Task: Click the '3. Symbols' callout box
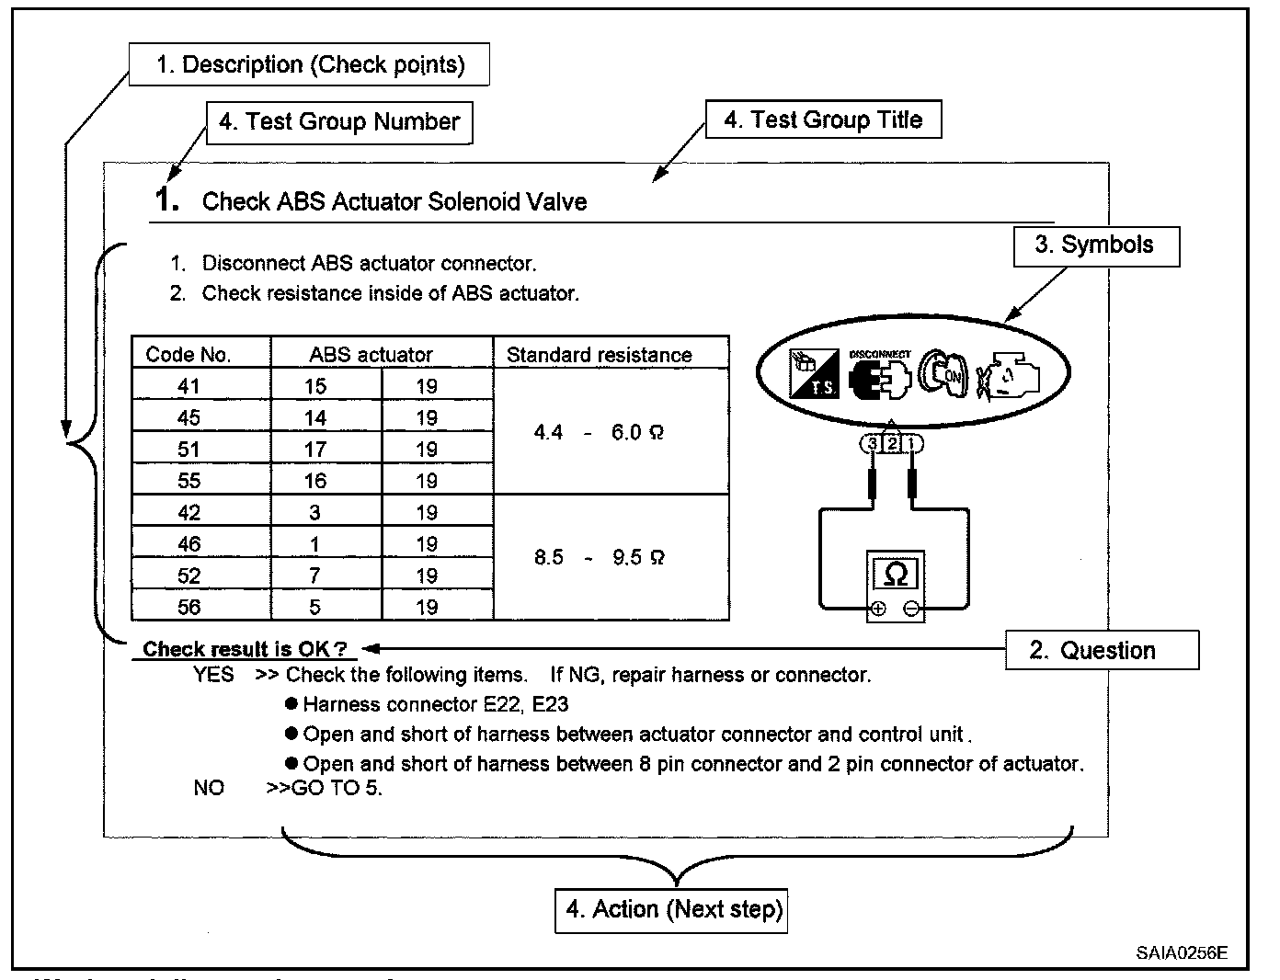[x=1096, y=245]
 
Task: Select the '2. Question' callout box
[x=1102, y=651]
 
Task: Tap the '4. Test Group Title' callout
[x=823, y=120]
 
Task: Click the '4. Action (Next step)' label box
[x=671, y=910]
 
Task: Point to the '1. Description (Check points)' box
[x=309, y=65]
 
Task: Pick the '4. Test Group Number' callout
[x=340, y=122]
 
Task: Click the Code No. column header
[x=189, y=355]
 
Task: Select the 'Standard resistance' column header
[x=600, y=355]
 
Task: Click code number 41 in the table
[x=189, y=387]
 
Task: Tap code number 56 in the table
[x=189, y=607]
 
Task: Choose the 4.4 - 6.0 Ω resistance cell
[x=600, y=432]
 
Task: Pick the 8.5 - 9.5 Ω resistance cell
[x=600, y=557]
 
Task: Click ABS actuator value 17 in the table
[x=315, y=450]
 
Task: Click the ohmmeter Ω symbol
[x=895, y=575]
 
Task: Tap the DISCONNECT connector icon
[x=879, y=376]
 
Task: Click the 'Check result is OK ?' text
[x=244, y=649]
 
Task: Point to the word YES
[x=213, y=675]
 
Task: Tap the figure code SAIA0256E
[x=1181, y=952]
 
